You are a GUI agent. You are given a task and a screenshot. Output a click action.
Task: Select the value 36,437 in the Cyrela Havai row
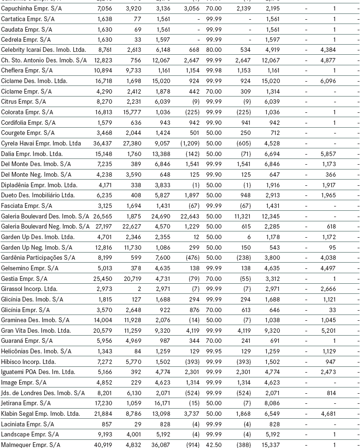(x=101, y=144)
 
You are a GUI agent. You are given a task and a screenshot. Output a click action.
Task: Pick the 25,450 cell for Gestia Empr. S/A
(x=101, y=278)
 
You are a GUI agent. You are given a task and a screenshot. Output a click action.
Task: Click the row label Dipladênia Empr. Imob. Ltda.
(x=39, y=185)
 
